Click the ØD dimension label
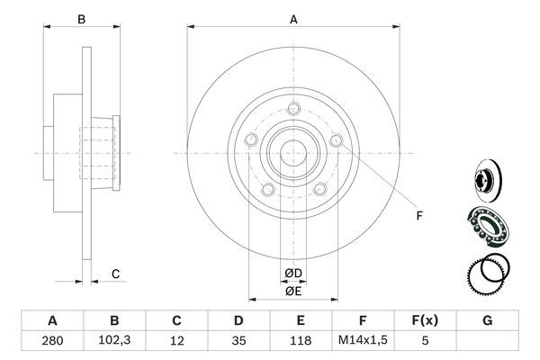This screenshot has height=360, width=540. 293,274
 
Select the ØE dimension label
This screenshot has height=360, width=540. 293,291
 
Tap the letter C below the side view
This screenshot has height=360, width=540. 115,274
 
